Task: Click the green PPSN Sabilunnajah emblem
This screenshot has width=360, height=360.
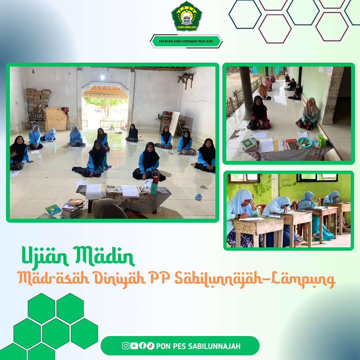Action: pyautogui.click(x=186, y=16)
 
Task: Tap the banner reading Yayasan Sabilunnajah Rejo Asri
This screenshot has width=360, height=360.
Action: pyautogui.click(x=186, y=41)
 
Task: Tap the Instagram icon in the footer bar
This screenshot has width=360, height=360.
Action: pyautogui.click(x=126, y=346)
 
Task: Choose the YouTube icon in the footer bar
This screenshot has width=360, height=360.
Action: pyautogui.click(x=134, y=346)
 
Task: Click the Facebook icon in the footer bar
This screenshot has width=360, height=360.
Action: pyautogui.click(x=142, y=346)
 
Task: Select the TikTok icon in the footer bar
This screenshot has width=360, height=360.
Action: pyautogui.click(x=151, y=346)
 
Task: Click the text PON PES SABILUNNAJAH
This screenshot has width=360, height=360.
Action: pyautogui.click(x=198, y=346)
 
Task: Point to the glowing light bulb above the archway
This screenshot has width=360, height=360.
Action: pyautogui.click(x=102, y=77)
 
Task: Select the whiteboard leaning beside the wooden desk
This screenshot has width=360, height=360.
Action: pyautogui.click(x=174, y=123)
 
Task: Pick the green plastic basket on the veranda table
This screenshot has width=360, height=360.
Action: pyautogui.click(x=321, y=140)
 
